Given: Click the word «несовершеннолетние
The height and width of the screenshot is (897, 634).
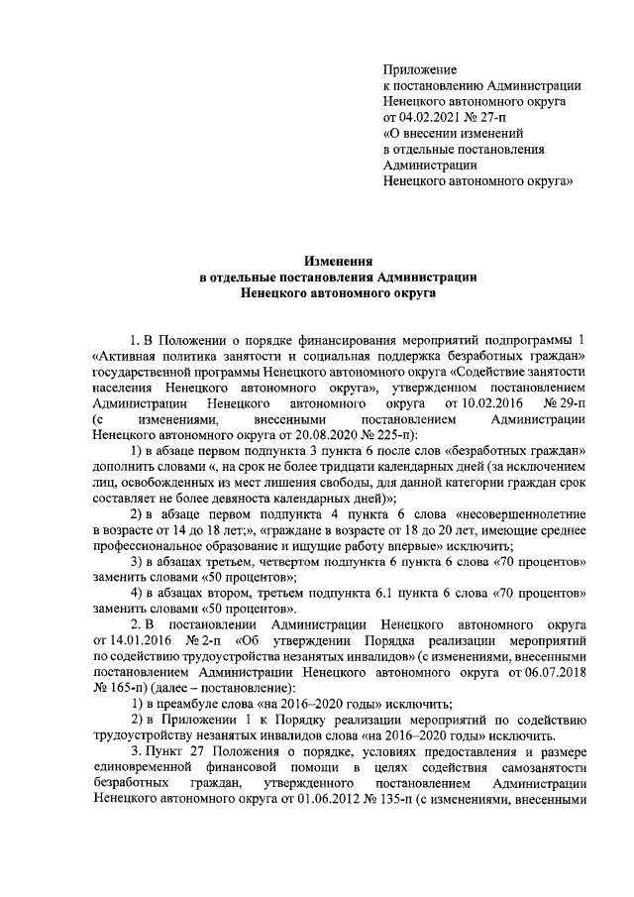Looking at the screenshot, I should click(520, 515).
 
